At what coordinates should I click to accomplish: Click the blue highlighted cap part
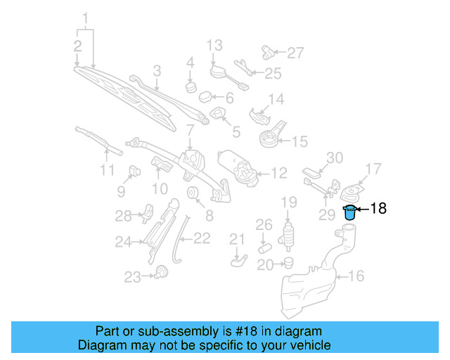click(349, 212)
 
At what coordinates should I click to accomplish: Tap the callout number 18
click(378, 209)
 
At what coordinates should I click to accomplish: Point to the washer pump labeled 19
click(288, 235)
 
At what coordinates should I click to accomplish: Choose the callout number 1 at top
click(86, 16)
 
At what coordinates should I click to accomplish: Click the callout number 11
click(106, 171)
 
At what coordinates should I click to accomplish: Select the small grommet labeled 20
click(287, 263)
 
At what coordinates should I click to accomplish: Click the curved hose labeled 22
click(179, 239)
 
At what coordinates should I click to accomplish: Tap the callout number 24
click(124, 243)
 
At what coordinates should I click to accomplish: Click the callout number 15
click(299, 142)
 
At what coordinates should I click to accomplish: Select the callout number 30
click(334, 157)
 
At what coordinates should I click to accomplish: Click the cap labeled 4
click(190, 87)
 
